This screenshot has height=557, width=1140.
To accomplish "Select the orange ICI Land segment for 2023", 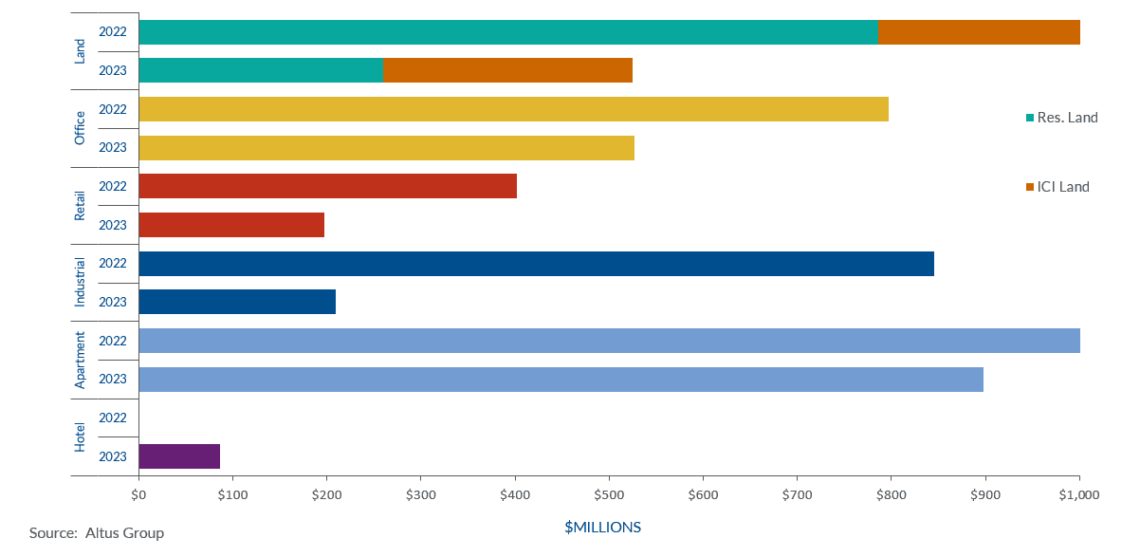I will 506,70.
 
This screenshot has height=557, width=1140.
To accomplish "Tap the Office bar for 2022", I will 513,109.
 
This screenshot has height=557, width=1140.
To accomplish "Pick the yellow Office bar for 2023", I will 386,148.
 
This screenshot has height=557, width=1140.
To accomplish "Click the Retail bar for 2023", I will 231,225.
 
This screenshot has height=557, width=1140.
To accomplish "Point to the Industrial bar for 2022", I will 536,264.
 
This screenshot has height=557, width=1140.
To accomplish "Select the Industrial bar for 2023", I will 237,302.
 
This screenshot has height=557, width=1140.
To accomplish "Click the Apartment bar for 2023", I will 561,380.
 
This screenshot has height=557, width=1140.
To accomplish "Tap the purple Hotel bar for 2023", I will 179,456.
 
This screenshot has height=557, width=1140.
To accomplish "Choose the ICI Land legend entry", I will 1062,187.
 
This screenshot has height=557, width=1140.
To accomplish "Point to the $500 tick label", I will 609,494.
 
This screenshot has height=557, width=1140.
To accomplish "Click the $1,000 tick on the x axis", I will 1079,494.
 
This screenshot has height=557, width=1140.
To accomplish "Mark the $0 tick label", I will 138,494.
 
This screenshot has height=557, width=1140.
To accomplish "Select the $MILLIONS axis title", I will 602,527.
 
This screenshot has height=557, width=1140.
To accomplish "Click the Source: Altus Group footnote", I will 97,533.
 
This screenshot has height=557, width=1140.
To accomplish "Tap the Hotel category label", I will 80,436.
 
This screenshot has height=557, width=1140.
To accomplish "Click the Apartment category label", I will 80,360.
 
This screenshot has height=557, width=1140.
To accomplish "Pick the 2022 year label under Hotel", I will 113,418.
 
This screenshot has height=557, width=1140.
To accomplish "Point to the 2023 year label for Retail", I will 113,225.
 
